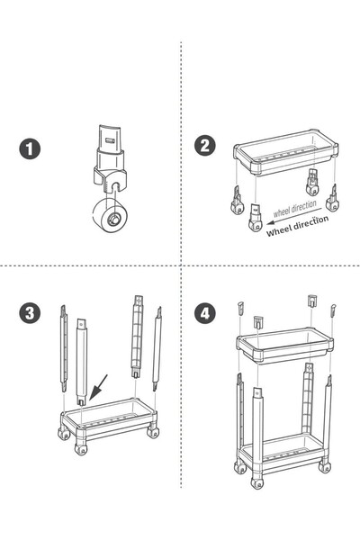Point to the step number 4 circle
(206, 313)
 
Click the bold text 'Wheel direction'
(298, 225)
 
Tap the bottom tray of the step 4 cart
(283, 448)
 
